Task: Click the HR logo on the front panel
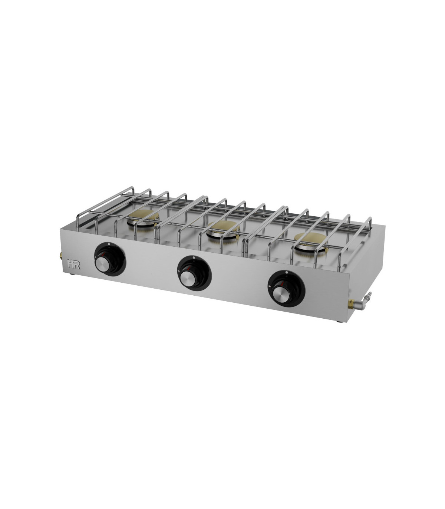point(73,264)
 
